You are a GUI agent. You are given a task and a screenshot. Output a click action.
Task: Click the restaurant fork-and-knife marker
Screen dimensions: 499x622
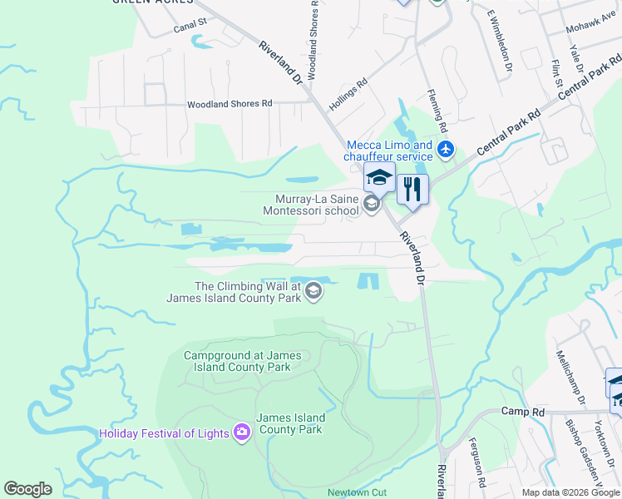(412, 190)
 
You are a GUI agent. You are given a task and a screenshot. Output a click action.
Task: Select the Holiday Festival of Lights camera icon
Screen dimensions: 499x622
(242, 432)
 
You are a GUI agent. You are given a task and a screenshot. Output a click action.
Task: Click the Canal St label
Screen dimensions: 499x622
(190, 28)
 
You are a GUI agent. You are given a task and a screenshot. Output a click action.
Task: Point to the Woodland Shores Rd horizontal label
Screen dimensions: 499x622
(230, 104)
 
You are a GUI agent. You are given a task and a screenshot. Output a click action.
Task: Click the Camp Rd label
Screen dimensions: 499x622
(522, 412)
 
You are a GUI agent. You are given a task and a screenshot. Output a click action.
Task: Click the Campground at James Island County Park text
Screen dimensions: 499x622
(237, 361)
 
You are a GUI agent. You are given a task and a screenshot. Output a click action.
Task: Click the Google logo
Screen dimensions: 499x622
(28, 489)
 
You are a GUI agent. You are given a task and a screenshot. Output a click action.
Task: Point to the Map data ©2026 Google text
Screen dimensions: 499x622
(570, 492)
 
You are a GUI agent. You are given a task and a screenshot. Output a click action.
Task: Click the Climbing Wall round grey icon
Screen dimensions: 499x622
(313, 290)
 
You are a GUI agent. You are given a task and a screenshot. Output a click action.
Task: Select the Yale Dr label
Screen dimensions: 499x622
(575, 58)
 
